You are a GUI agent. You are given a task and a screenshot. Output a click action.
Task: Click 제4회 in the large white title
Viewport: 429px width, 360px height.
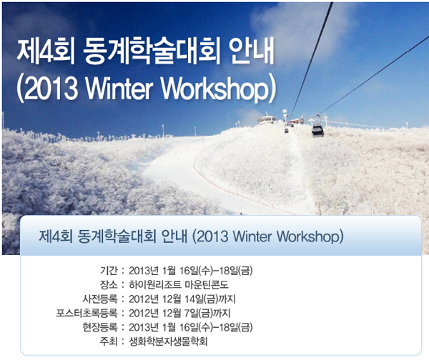(46, 51)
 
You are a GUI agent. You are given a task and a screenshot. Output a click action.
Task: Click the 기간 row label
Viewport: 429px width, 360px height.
(109, 271)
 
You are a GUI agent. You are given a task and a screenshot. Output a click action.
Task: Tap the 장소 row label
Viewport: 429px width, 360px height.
(109, 285)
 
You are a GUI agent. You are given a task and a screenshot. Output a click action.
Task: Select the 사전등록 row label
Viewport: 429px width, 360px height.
(100, 299)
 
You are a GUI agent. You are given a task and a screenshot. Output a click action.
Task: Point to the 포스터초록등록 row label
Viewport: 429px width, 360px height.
(87, 313)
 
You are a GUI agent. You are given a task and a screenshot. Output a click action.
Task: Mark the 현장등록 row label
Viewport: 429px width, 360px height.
(100, 327)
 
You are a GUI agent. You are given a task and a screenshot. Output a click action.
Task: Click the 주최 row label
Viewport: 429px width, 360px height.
(109, 341)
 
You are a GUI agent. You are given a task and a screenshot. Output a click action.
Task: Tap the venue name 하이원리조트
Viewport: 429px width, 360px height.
(155, 285)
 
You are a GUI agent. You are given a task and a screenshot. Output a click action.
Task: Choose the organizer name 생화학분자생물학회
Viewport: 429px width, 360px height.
(168, 341)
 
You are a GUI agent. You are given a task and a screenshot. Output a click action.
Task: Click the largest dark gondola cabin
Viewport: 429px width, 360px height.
(317, 131)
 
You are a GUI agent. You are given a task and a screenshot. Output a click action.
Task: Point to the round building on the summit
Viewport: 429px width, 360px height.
(267, 119)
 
